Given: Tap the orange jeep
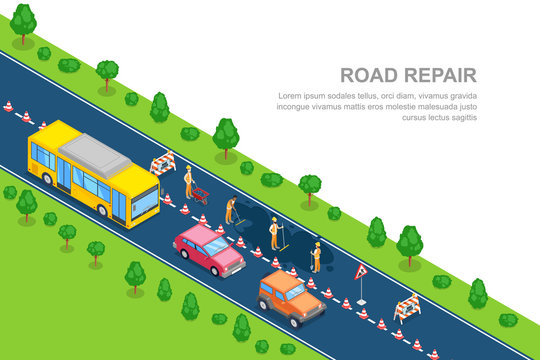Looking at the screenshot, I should coord(291,297).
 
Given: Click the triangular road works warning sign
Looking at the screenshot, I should coord(361,272).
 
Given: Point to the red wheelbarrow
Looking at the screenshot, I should coord(200,194).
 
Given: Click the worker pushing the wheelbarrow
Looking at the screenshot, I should coord(188,181).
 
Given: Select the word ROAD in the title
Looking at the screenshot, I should coord(369,75).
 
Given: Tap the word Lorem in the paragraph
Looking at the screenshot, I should coord(291,95).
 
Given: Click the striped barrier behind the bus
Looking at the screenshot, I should coord(162,163).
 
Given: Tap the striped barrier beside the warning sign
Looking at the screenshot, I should coord(407,307).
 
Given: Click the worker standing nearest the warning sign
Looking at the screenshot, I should coord(316,256).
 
